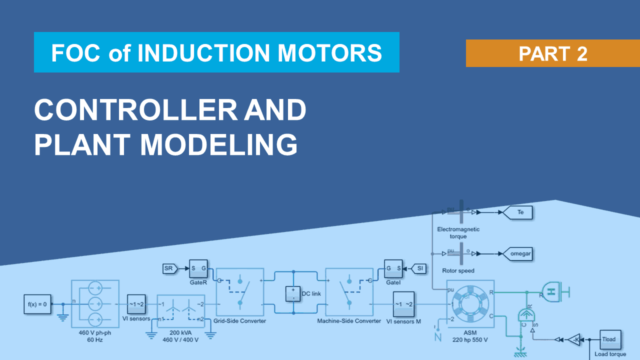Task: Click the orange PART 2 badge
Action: click(x=552, y=53)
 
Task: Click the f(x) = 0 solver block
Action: click(x=37, y=304)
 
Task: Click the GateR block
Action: click(x=198, y=268)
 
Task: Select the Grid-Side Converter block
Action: click(x=239, y=292)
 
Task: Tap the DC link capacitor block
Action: click(x=293, y=293)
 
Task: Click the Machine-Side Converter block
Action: click(x=349, y=292)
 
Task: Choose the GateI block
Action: click(x=393, y=268)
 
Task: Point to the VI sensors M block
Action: click(x=403, y=304)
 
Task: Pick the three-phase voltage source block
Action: click(x=95, y=303)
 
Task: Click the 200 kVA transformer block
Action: click(x=181, y=310)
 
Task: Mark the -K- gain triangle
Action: click(x=575, y=339)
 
